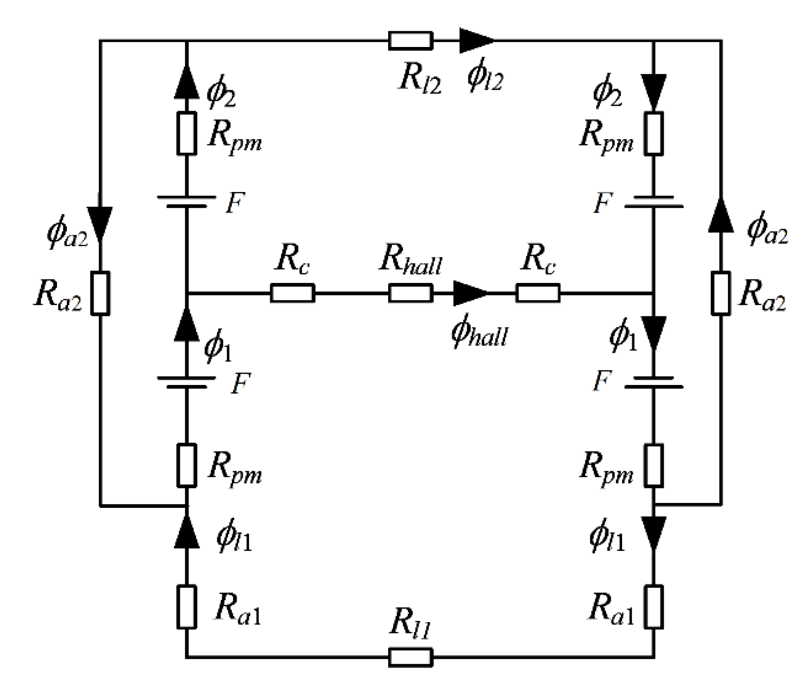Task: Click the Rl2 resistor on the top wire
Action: point(410,41)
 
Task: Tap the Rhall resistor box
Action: point(410,293)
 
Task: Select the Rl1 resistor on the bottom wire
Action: point(410,657)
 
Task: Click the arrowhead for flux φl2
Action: point(476,41)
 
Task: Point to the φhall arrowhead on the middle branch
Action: point(470,293)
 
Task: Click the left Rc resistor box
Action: point(292,293)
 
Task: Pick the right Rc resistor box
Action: point(538,293)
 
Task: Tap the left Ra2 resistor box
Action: point(100,293)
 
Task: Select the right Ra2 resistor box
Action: point(721,293)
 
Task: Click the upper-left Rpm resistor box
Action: point(187,133)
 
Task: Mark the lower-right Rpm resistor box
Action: point(654,465)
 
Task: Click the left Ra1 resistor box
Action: point(187,607)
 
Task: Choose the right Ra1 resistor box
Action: point(654,607)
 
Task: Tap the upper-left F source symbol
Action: point(187,202)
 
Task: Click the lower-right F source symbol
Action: point(654,382)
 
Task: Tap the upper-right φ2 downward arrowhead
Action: point(654,93)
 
